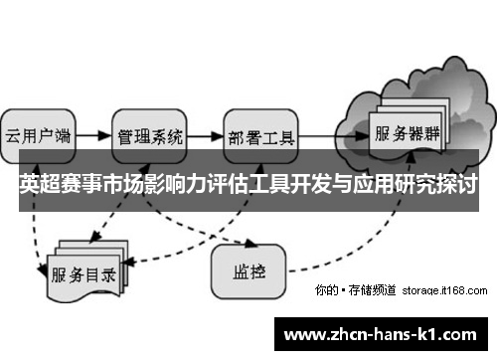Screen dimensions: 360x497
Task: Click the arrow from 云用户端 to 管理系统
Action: [92, 132]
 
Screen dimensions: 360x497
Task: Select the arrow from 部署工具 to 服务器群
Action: [332, 132]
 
